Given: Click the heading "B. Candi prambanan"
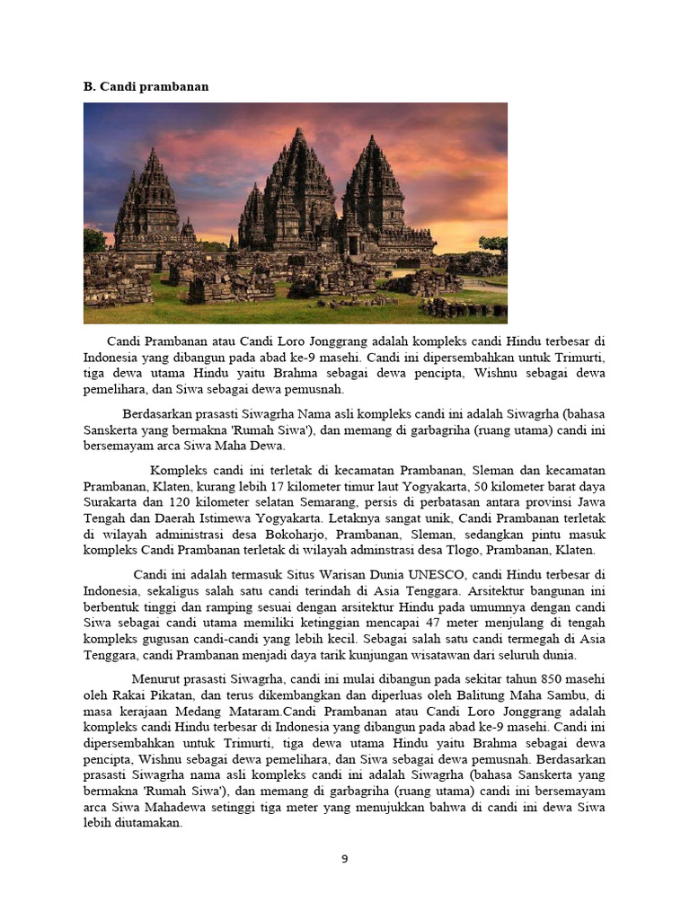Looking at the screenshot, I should [x=146, y=86].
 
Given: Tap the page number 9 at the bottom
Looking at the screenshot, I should [x=344, y=859].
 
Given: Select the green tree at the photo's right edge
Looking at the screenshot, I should [x=493, y=244].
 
